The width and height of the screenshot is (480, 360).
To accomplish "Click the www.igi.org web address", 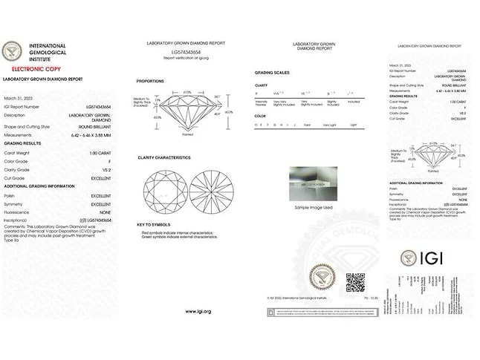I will coord(198,311).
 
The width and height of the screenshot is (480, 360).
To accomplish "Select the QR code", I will coord(355,281).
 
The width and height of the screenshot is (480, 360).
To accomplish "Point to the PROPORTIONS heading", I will coord(150,81).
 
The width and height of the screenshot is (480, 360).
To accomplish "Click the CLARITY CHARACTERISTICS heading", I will coord(164,157).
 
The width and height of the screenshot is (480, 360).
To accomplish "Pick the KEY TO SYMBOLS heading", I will coord(154,224).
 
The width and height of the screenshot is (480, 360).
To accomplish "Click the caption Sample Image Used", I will coord(312,207).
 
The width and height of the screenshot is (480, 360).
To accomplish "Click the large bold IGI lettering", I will coord(435,258).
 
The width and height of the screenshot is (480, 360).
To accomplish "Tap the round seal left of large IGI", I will coord(408,258).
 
